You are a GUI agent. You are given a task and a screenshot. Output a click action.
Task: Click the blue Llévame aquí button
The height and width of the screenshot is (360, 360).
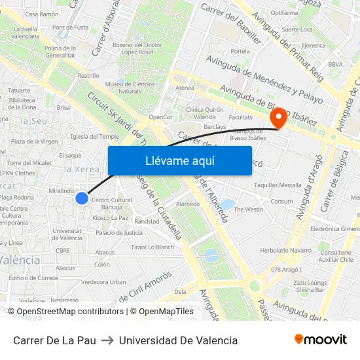pos(179,161)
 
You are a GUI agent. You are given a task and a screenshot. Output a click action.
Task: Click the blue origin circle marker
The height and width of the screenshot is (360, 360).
pos(82,198)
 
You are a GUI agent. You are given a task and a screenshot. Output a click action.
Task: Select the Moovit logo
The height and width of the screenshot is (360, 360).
pos(320,340)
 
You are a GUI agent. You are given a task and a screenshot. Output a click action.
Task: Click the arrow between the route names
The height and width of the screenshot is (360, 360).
pos(107,340)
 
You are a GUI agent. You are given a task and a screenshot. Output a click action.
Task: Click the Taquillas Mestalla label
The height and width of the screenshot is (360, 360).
pos(278,185)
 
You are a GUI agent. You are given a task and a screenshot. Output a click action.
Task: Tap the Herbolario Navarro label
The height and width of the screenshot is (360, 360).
pos(285,250)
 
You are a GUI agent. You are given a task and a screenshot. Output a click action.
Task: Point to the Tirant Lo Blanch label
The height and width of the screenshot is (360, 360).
pos(153,247)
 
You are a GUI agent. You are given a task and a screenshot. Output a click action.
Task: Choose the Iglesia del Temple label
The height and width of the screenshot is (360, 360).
pos(94,137)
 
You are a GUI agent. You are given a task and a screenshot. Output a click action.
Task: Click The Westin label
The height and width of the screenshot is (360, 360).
pos(248,209)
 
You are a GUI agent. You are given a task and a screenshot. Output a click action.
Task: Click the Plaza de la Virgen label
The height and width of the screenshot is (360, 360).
pos(34,141)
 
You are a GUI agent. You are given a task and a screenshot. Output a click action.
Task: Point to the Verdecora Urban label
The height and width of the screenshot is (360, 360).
pos(104,282)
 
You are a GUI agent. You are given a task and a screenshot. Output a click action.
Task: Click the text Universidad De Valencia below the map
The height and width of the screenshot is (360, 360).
pos(178,340)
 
